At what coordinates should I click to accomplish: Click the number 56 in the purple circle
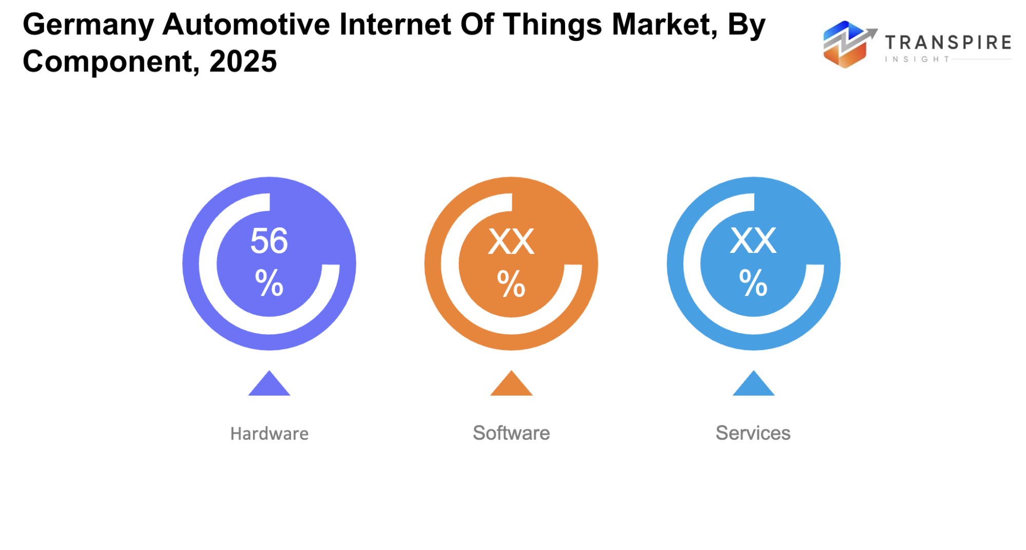click(x=269, y=241)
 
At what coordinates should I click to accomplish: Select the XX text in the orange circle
click(x=511, y=242)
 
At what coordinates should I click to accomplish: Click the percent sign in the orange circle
click(x=511, y=284)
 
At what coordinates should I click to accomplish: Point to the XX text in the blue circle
click(x=753, y=241)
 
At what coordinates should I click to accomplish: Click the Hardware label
click(x=269, y=434)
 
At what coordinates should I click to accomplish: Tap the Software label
click(x=511, y=433)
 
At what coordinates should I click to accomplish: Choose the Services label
click(x=753, y=433)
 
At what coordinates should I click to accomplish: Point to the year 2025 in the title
click(x=243, y=62)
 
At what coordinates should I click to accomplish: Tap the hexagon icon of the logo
click(x=844, y=45)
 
